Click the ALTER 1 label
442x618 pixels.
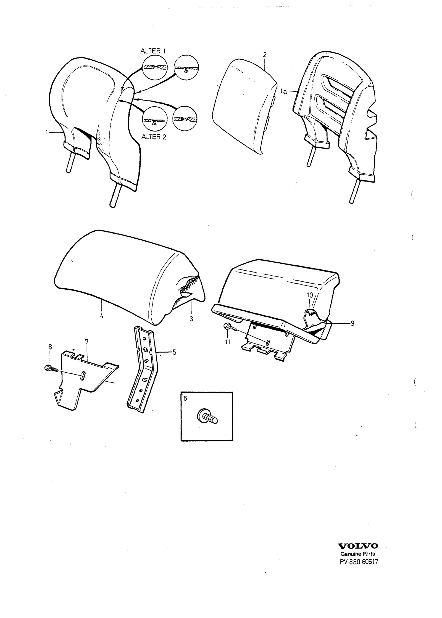pyautogui.click(x=153, y=51)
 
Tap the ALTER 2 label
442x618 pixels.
pyautogui.click(x=154, y=137)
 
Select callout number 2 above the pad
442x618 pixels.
pyautogui.click(x=265, y=55)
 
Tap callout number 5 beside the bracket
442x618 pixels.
pyautogui.click(x=174, y=352)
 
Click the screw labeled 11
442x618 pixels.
pyautogui.click(x=228, y=327)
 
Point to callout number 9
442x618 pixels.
pyautogui.click(x=352, y=323)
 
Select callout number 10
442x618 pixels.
pyautogui.click(x=309, y=295)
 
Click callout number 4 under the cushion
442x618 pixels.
pyautogui.click(x=102, y=316)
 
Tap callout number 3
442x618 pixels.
pyautogui.click(x=191, y=319)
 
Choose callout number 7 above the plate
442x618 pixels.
pyautogui.click(x=87, y=342)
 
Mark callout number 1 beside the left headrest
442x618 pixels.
pyautogui.click(x=47, y=133)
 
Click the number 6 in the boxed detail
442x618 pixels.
pyautogui.click(x=185, y=398)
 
